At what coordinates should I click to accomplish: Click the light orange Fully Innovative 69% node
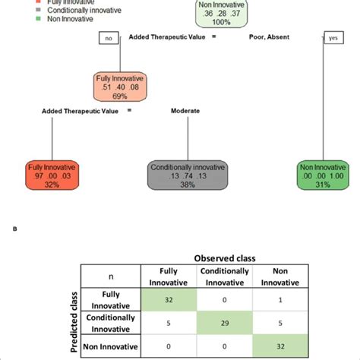[119, 87]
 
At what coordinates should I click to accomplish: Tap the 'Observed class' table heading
[221, 258]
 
